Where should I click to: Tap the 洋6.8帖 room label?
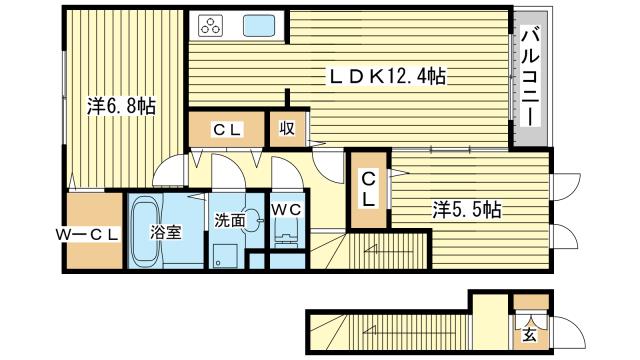pyautogui.click(x=120, y=107)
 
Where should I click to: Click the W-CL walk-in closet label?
pyautogui.click(x=88, y=235)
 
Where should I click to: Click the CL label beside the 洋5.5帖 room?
pyautogui.click(x=368, y=189)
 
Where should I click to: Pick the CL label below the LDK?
pyautogui.click(x=226, y=130)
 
